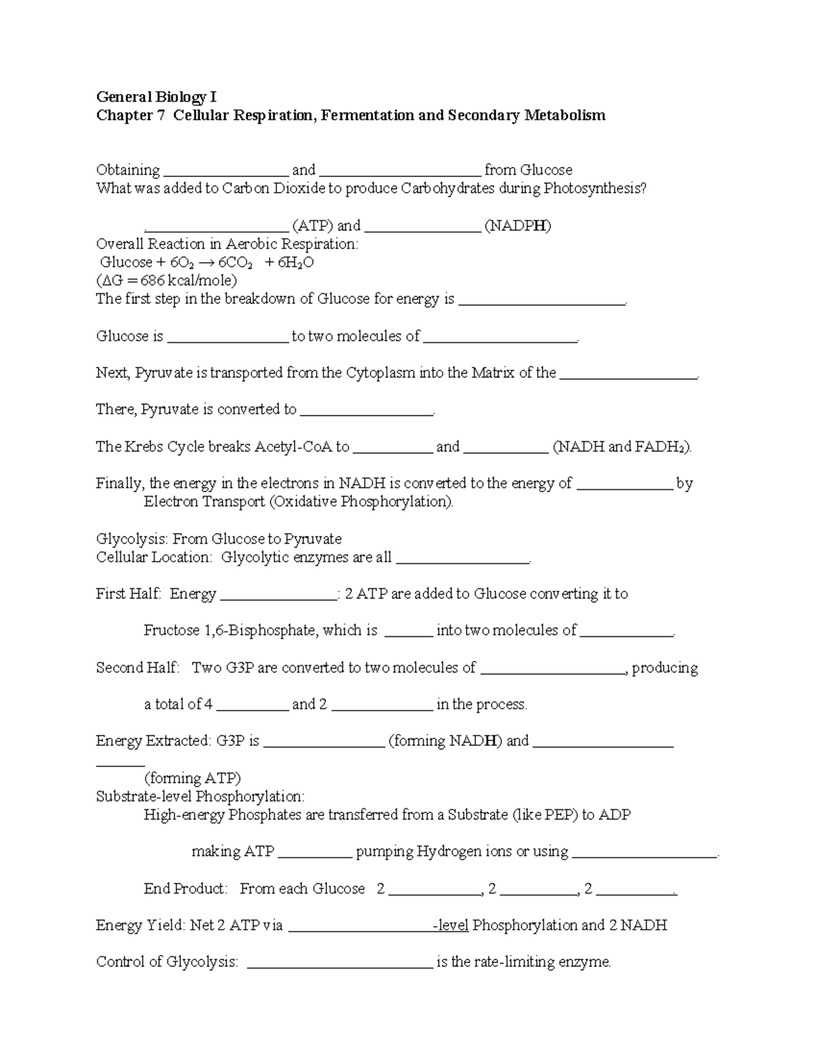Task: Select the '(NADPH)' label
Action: click(x=517, y=226)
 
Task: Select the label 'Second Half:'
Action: click(x=138, y=668)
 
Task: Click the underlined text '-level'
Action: click(x=451, y=926)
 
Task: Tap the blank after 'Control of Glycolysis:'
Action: click(x=338, y=963)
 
